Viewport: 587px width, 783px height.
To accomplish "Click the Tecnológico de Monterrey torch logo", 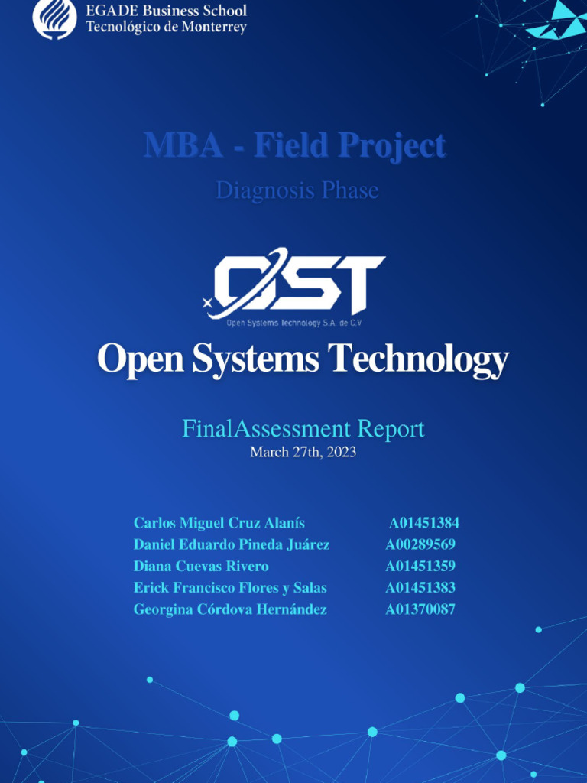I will (54, 18).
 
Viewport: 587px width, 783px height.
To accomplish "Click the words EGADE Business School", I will (166, 11).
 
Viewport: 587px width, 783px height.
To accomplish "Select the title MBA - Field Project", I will (294, 145).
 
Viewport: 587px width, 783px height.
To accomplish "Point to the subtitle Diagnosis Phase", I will (297, 190).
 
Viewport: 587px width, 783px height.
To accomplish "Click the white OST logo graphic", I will (295, 283).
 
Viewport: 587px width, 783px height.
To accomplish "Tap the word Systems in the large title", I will (255, 359).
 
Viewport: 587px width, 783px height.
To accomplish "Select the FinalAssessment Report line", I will (303, 428).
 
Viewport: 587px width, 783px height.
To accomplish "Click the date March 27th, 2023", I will (303, 452).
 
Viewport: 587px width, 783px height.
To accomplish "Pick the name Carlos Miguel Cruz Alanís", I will (219, 523).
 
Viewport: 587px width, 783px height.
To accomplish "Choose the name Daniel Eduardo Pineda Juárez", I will (232, 544).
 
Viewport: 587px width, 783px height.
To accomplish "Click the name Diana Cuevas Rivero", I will (201, 566).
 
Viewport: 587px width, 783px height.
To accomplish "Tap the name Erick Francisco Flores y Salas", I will (230, 588).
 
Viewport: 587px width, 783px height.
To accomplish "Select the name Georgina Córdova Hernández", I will (230, 609).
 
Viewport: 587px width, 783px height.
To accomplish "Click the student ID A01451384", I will (423, 523).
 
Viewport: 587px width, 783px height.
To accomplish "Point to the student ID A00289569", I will (420, 544).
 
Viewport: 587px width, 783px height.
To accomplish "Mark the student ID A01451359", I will (420, 566).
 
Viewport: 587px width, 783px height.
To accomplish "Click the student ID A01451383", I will (420, 588).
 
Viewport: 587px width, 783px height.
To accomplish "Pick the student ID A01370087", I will (420, 609).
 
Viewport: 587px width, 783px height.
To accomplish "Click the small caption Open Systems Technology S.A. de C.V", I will (293, 323).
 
